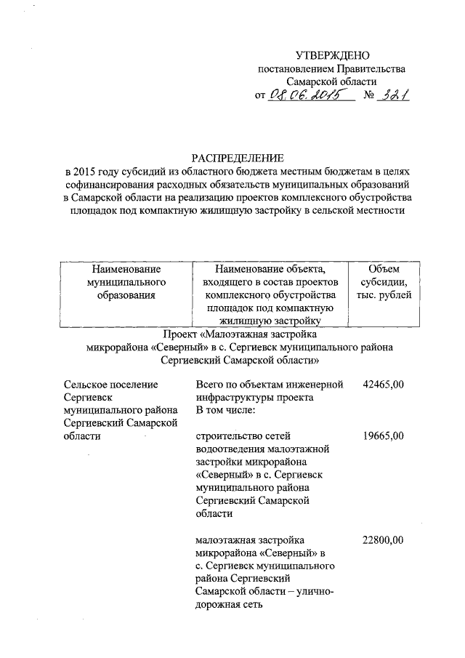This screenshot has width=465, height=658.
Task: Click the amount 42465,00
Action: pos(382,385)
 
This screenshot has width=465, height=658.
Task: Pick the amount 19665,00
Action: pos(382,436)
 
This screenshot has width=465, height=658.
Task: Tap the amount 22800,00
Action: pos(382,539)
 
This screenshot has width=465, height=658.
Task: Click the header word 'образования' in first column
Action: pos(123,295)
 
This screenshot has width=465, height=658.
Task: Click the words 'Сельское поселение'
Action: pos(110,385)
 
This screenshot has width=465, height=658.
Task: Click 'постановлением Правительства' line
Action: pos(332,69)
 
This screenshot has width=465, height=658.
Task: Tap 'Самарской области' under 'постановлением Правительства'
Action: pos(331,82)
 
